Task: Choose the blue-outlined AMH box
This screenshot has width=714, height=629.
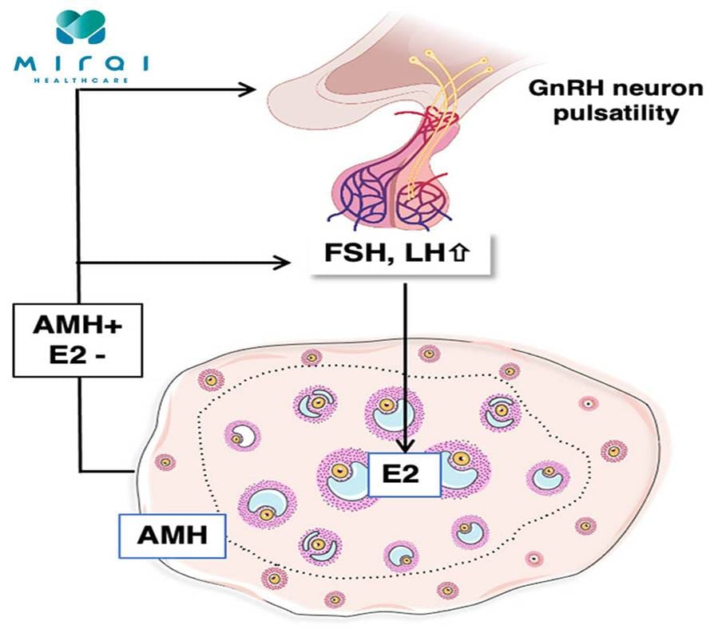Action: (171, 534)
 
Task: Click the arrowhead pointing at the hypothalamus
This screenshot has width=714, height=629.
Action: (260, 89)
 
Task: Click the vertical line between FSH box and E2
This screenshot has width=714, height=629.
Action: (406, 359)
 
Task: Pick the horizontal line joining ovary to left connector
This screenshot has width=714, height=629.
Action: (108, 469)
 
